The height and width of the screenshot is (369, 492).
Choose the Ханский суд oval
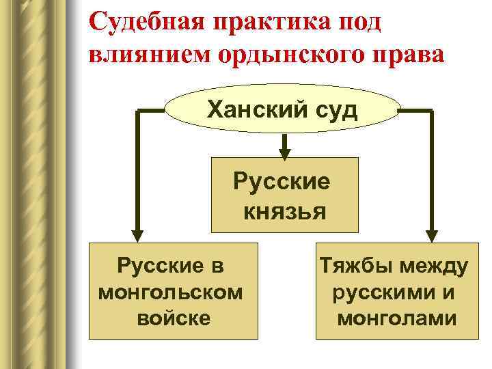(282, 109)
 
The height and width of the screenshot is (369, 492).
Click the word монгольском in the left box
(170, 292)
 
